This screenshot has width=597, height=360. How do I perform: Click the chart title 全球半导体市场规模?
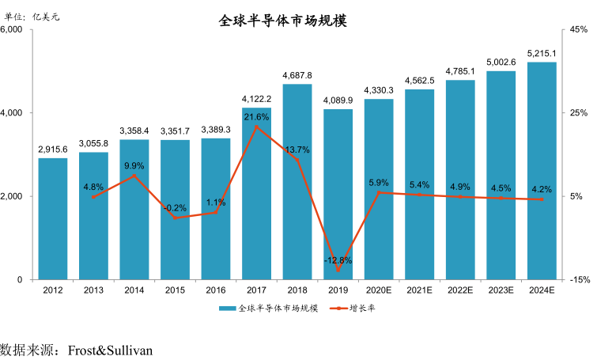282,21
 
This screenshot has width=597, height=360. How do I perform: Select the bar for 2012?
53,218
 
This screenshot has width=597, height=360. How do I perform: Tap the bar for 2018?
297,182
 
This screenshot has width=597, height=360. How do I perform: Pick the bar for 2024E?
542,171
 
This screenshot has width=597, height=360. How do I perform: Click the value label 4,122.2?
256,99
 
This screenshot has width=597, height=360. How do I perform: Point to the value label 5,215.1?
542,53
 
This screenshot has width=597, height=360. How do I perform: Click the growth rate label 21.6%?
256,117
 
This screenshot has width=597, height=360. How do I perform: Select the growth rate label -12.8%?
338,260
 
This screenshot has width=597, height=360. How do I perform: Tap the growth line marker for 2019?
338,271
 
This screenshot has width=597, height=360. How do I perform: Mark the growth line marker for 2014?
134,176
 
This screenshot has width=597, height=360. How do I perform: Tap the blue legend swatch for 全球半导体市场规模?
227,309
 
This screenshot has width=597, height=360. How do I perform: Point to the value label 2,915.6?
53,149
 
